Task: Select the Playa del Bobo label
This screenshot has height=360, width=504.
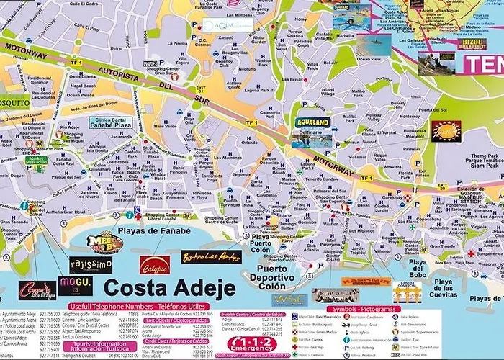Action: click(418, 268)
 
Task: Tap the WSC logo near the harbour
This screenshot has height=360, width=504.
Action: click(289, 299)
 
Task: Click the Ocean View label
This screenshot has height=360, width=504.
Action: click(369, 59)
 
